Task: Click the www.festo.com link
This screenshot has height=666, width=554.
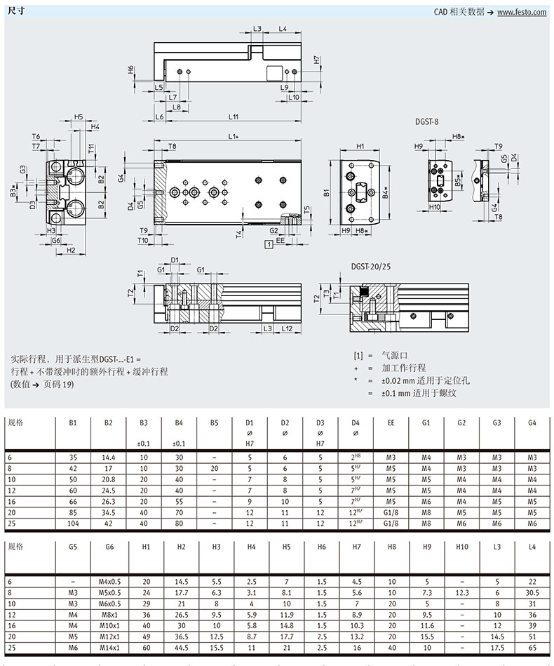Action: (x=522, y=13)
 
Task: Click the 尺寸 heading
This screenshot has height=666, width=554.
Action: (x=15, y=12)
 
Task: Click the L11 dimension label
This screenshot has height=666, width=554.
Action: (x=234, y=116)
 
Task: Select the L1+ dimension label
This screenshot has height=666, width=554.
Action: (x=234, y=135)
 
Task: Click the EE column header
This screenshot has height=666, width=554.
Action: (x=391, y=423)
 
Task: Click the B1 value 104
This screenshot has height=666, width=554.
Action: (x=73, y=524)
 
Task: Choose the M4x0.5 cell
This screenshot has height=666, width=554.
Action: (x=109, y=582)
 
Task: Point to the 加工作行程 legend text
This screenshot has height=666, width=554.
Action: (x=403, y=368)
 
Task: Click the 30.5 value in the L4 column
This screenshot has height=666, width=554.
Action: (x=534, y=593)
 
